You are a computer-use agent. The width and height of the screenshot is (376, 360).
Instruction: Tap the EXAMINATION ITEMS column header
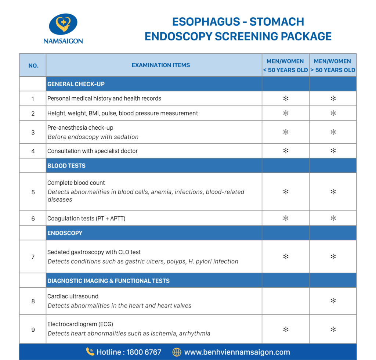point(161,65)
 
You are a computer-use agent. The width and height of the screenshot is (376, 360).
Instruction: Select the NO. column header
point(33,65)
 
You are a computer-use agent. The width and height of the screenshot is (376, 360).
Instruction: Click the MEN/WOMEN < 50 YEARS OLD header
point(285,65)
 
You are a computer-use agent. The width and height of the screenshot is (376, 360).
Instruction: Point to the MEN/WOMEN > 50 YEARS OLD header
point(333,65)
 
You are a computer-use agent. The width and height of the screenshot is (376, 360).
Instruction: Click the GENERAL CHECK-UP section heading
point(76,84)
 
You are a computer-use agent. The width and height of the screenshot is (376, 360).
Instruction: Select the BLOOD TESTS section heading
point(66,166)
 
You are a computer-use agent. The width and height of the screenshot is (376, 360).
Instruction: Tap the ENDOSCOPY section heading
point(65,233)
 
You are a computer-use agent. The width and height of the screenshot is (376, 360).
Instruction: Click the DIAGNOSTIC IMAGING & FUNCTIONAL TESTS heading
point(108,281)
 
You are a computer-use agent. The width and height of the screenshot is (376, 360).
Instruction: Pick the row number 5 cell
point(33,192)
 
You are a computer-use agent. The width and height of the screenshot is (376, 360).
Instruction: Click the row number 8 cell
point(33,301)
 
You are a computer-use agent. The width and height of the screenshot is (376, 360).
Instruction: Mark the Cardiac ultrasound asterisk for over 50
point(333,301)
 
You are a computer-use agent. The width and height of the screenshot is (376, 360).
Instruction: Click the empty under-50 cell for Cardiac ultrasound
point(285,301)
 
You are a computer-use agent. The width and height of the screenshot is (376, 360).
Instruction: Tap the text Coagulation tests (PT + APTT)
point(86,219)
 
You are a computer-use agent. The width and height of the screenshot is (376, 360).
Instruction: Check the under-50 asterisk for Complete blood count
point(286,192)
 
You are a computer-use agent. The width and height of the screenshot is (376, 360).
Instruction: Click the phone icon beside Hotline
point(90,352)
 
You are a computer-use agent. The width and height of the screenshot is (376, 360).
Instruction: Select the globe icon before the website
point(177,352)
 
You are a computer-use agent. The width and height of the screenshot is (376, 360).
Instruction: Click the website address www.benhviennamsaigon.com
point(237,352)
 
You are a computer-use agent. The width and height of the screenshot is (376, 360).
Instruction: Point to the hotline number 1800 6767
point(144,352)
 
